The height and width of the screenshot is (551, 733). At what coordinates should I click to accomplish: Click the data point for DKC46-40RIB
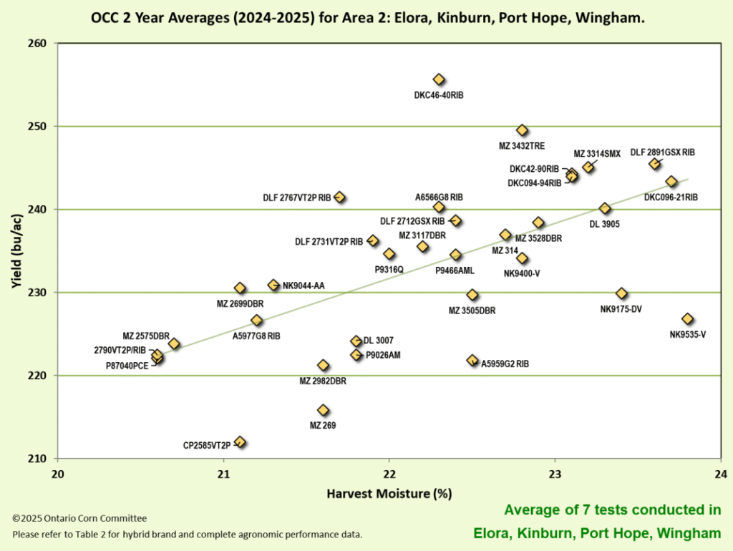(439, 79)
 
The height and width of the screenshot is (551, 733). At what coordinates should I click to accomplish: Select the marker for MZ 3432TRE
(522, 130)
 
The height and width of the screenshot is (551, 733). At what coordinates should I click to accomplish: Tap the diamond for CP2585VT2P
(241, 442)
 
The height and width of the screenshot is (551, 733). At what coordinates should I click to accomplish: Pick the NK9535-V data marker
(688, 319)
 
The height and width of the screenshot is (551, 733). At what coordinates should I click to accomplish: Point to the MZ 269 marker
(323, 410)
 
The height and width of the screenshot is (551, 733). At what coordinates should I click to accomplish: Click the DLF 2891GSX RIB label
(662, 152)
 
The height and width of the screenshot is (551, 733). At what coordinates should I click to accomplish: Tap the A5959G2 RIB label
(505, 364)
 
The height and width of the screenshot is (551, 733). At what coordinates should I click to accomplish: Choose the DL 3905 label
(604, 224)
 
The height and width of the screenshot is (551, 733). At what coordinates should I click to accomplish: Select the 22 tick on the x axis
(389, 474)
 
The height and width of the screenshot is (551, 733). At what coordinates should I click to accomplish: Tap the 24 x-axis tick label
(720, 474)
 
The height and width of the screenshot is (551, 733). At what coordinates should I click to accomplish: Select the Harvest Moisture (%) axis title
(389, 494)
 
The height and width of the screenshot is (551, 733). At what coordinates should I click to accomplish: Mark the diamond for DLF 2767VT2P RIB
(340, 198)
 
